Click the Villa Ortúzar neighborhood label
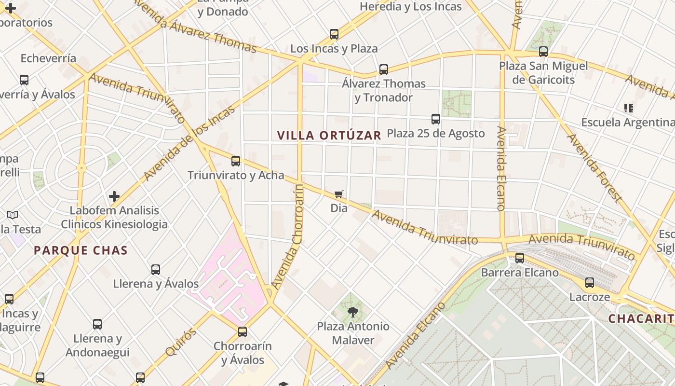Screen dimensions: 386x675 pyautogui.click(x=329, y=135)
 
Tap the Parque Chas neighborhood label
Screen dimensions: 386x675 pyautogui.click(x=81, y=250)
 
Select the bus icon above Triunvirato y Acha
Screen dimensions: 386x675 pyautogui.click(x=236, y=161)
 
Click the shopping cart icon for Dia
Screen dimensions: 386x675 pyautogui.click(x=339, y=194)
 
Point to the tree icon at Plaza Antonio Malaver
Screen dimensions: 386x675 pyautogui.click(x=353, y=312)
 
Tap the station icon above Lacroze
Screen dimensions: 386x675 pyautogui.click(x=590, y=283)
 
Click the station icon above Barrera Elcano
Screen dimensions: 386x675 pyautogui.click(x=520, y=258)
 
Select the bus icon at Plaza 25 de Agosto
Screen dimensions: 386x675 pyautogui.click(x=436, y=119)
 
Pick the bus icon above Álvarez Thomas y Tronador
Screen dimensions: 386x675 pyautogui.click(x=384, y=69)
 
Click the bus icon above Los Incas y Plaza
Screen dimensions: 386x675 pyautogui.click(x=334, y=34)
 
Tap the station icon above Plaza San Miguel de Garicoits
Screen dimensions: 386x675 pyautogui.click(x=543, y=51)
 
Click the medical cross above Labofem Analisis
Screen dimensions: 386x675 pyautogui.click(x=114, y=196)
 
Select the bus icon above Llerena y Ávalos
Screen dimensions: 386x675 pyautogui.click(x=156, y=270)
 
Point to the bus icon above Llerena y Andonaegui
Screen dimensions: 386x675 pyautogui.click(x=97, y=324)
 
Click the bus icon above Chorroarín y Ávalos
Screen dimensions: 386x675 pyautogui.click(x=243, y=332)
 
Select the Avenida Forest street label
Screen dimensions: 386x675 pyautogui.click(x=594, y=167)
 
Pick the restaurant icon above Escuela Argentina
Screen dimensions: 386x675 pyautogui.click(x=628, y=108)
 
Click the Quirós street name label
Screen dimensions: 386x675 pyautogui.click(x=181, y=342)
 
